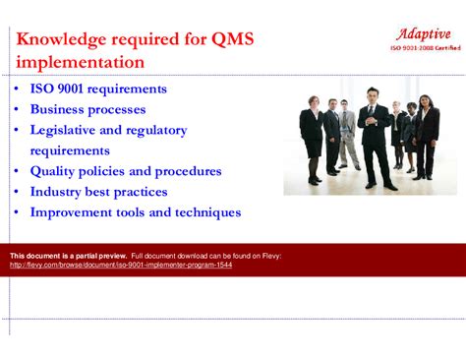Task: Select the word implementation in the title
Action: [80, 63]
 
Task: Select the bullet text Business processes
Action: [87, 109]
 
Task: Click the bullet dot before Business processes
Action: [17, 110]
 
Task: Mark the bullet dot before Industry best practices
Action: [17, 193]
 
